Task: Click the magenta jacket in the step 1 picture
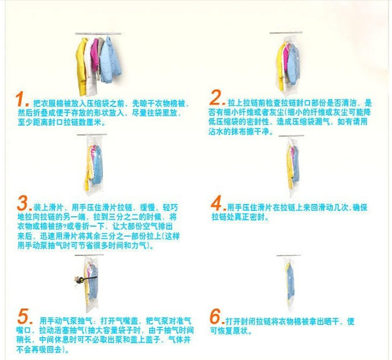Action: click(x=95, y=55)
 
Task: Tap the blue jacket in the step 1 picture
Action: click(x=110, y=60)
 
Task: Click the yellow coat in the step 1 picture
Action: click(x=81, y=66)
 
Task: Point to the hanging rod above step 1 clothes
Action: click(x=98, y=33)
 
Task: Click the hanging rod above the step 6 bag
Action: click(x=288, y=255)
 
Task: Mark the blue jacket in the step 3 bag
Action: click(x=97, y=166)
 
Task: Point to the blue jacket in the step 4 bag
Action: click(x=295, y=164)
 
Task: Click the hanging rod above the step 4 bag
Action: click(x=291, y=136)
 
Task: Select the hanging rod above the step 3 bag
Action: click(x=92, y=134)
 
